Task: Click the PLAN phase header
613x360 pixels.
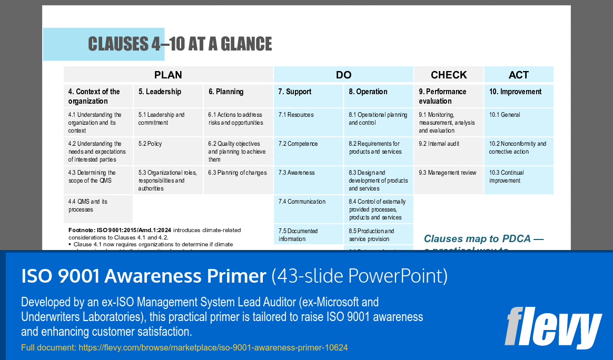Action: (x=168, y=75)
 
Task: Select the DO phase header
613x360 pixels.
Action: (x=343, y=75)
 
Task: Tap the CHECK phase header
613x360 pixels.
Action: (x=449, y=75)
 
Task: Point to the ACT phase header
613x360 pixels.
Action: (x=519, y=75)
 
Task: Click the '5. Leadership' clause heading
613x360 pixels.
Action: (x=160, y=92)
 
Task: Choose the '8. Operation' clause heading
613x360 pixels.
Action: (x=368, y=92)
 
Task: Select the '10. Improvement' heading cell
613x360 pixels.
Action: (x=515, y=92)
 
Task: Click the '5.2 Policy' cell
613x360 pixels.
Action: (x=150, y=144)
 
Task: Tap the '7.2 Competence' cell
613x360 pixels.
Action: (x=298, y=144)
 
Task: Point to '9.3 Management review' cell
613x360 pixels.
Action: (x=448, y=173)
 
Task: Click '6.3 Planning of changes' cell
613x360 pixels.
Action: (x=238, y=173)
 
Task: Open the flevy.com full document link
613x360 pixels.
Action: (x=213, y=347)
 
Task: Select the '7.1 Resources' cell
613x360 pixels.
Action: (x=296, y=115)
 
